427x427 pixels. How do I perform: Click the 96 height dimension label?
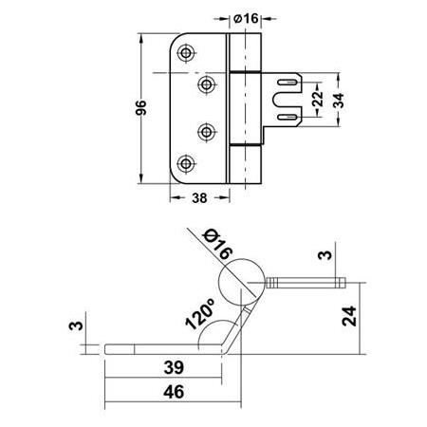click(x=141, y=107)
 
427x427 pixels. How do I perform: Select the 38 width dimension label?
click(x=199, y=198)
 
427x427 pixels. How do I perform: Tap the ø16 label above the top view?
click(x=246, y=18)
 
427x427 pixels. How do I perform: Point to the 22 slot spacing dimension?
click(x=318, y=99)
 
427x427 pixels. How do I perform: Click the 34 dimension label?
click(x=339, y=101)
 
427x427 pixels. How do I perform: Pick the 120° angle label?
click(x=200, y=314)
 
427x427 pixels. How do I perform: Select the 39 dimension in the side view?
click(x=174, y=367)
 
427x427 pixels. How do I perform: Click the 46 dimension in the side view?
click(x=174, y=392)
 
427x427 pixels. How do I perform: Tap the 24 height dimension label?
click(x=349, y=316)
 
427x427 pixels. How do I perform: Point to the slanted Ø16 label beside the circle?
click(x=218, y=245)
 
